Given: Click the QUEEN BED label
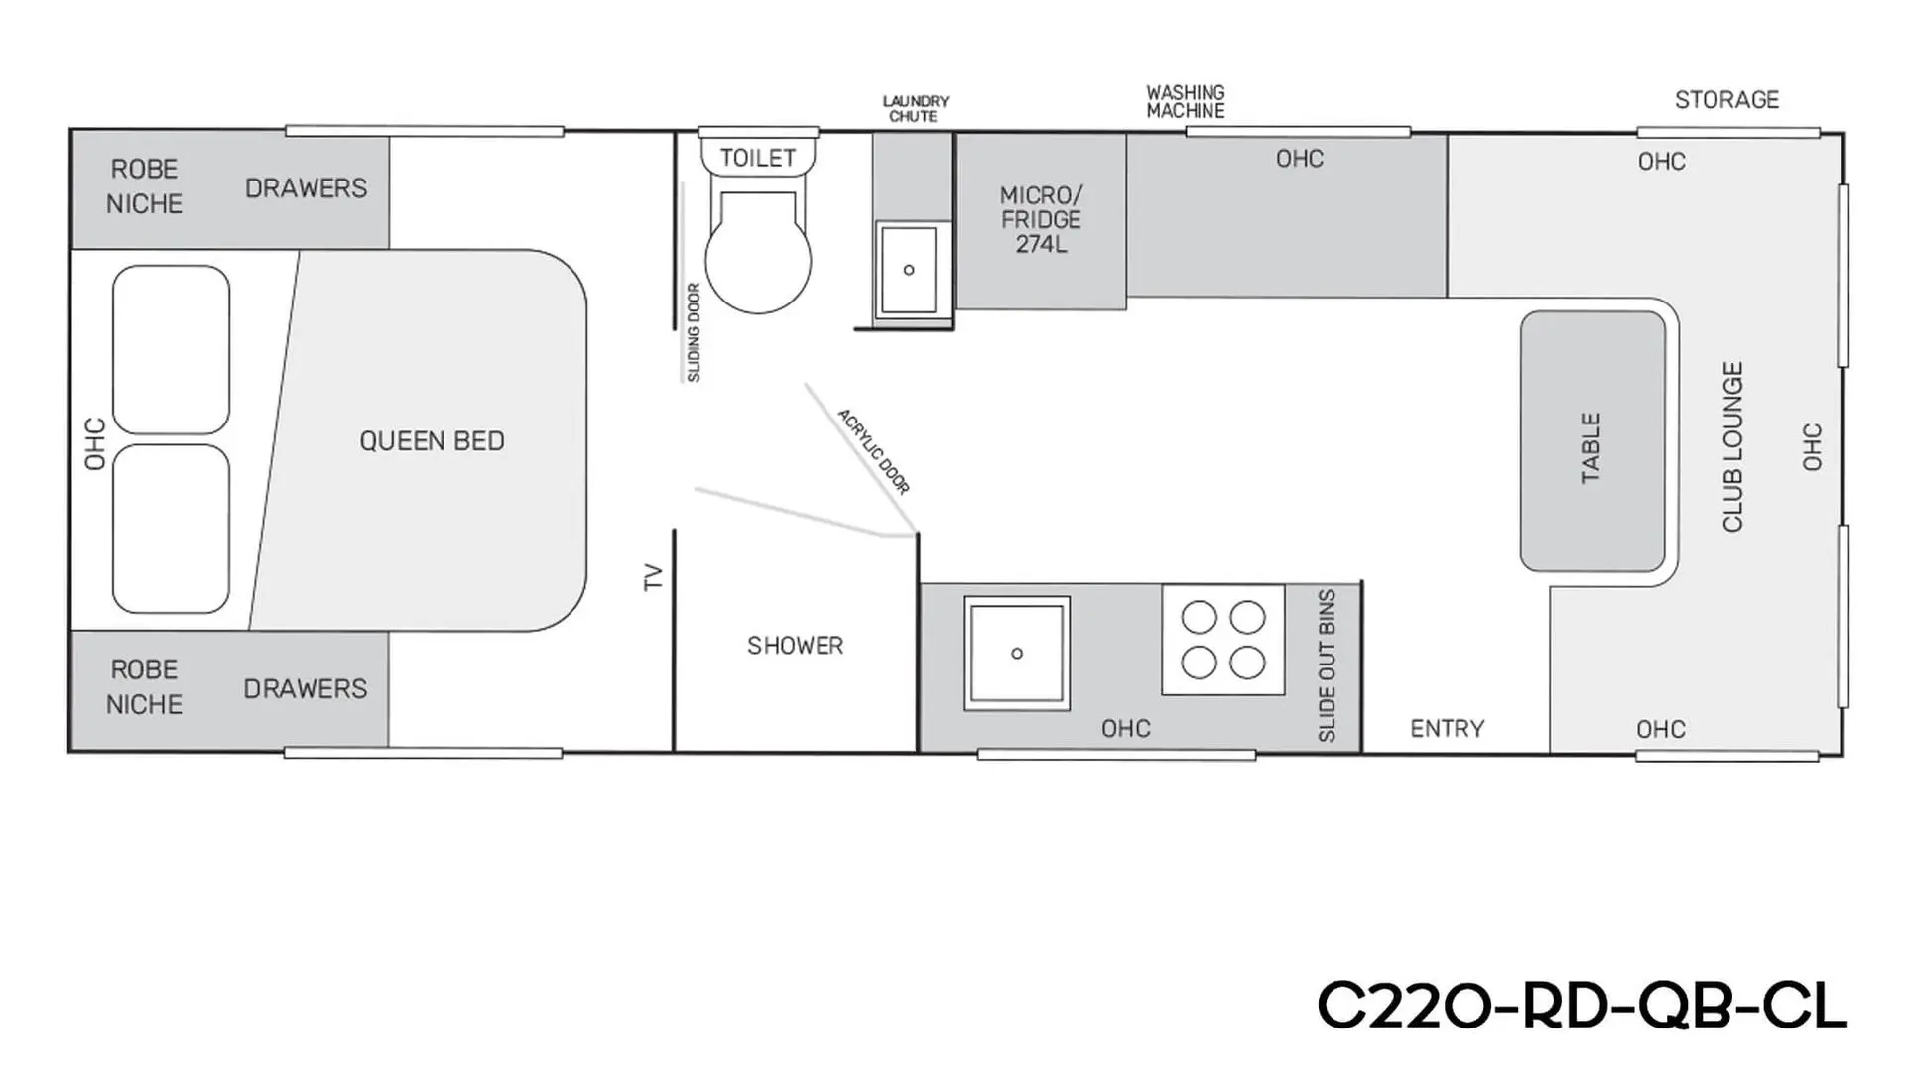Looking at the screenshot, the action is pyautogui.click(x=432, y=441).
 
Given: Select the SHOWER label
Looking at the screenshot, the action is pyautogui.click(x=795, y=646).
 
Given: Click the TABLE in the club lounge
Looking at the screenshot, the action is pyautogui.click(x=1592, y=441).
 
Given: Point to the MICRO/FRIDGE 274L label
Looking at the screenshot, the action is pyautogui.click(x=1041, y=219).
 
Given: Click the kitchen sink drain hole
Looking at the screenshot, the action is pyautogui.click(x=1017, y=654).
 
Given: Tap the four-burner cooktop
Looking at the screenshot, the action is pyautogui.click(x=1223, y=640).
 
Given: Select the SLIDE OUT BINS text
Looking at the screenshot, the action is pyautogui.click(x=1327, y=665).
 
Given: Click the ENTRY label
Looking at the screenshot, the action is pyautogui.click(x=1448, y=729).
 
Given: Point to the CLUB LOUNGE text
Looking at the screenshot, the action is pyautogui.click(x=1732, y=446).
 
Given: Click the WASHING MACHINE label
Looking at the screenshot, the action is pyautogui.click(x=1186, y=101).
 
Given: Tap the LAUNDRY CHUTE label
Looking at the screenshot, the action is pyautogui.click(x=915, y=109).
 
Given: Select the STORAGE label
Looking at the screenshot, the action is pyautogui.click(x=1726, y=100).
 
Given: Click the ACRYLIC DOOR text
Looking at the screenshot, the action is pyautogui.click(x=873, y=451).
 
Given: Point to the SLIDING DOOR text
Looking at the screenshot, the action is pyautogui.click(x=694, y=332).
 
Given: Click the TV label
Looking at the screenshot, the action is pyautogui.click(x=653, y=577).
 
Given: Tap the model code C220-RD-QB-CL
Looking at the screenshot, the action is pyautogui.click(x=1582, y=1007).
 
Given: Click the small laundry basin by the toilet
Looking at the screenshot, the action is pyautogui.click(x=909, y=270).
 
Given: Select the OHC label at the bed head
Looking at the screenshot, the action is pyautogui.click(x=95, y=443).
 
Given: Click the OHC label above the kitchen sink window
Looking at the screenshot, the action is pyautogui.click(x=1125, y=729).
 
